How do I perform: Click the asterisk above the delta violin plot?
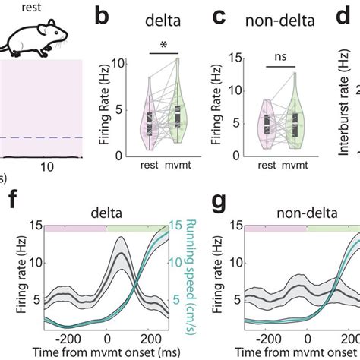click(x=163, y=45)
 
